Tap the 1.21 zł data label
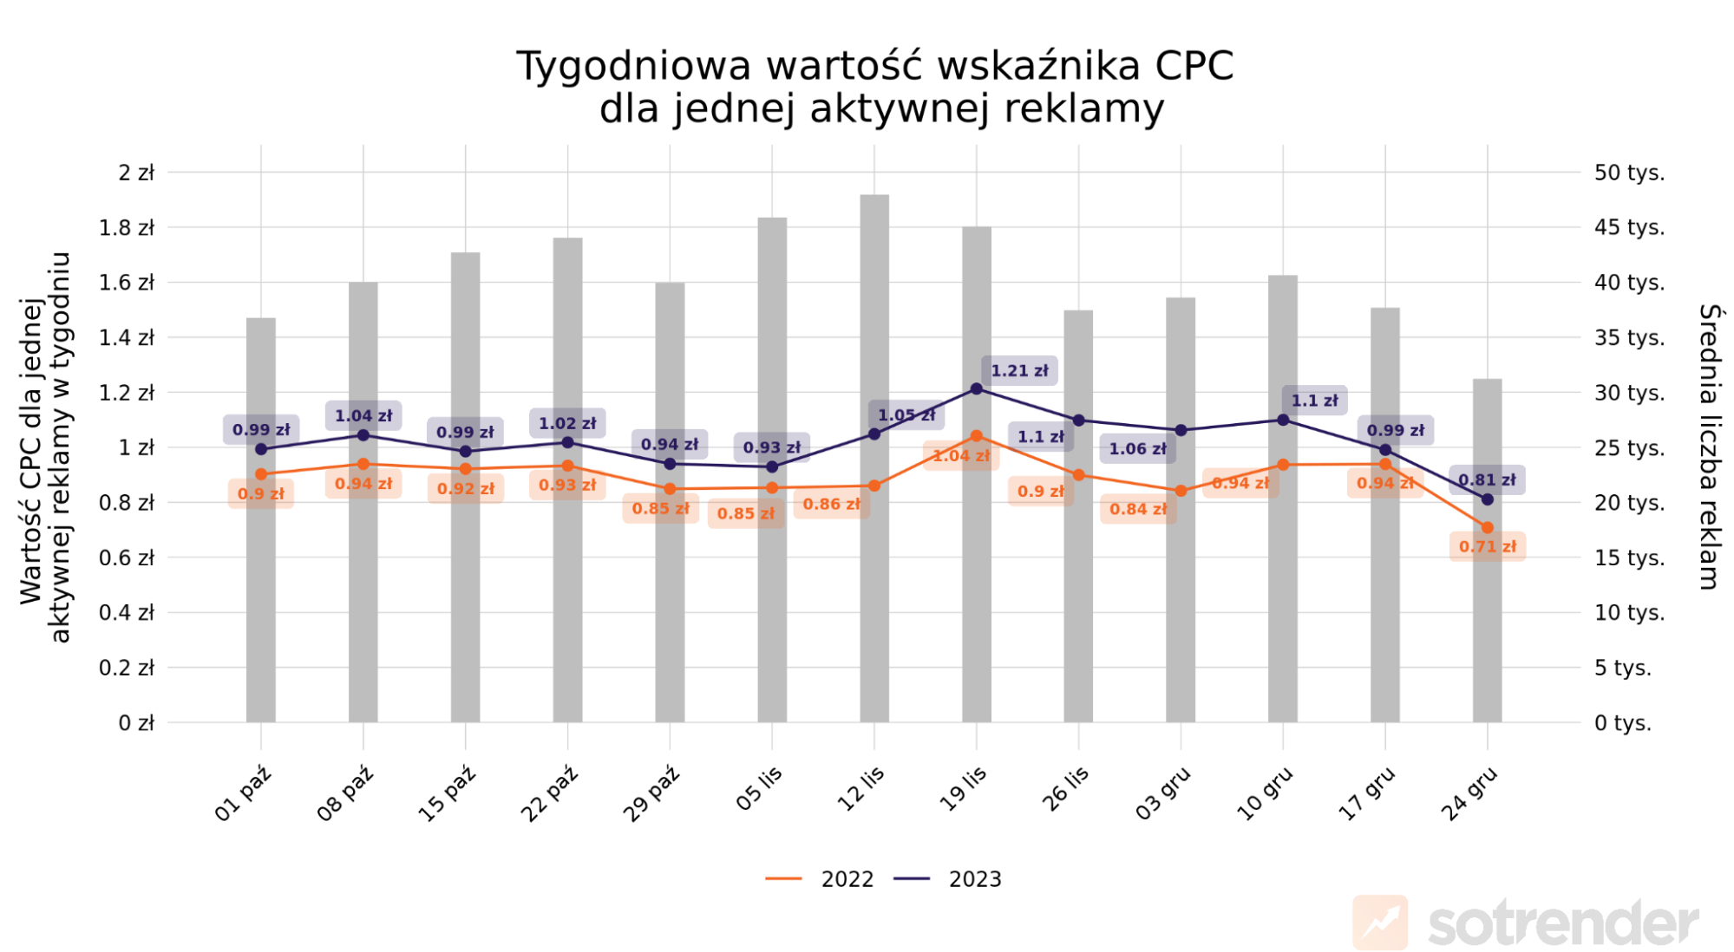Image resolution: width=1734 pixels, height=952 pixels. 1019,371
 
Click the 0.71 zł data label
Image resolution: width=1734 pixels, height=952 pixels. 1488,546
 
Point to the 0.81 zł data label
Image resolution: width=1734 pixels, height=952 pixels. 1487,479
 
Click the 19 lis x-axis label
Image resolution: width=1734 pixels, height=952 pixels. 963,789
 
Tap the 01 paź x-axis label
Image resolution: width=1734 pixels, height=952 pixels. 243,793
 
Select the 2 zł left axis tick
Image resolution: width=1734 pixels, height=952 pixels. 136,173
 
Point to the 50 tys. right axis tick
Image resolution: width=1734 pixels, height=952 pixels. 1629,173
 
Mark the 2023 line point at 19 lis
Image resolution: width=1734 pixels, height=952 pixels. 977,389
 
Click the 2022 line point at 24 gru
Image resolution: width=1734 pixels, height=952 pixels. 1488,527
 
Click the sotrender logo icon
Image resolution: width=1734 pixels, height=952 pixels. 1380,922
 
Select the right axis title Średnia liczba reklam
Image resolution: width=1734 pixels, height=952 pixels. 1709,447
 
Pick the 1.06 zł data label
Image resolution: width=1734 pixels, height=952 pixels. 1138,448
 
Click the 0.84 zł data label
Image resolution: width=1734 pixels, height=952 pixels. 1138,509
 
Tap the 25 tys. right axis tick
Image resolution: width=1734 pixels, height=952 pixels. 1629,448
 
